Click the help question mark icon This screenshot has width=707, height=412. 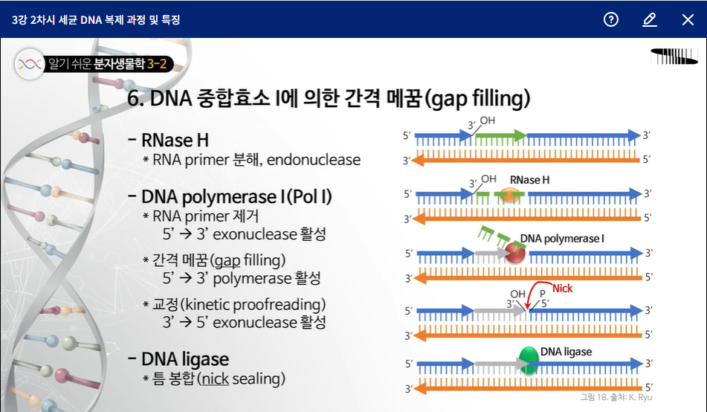[x=611, y=20]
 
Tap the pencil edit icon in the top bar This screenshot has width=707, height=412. [x=650, y=20]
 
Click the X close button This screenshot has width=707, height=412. [x=688, y=20]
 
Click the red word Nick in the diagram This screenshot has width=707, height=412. [x=563, y=289]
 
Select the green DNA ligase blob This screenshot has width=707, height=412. [x=529, y=359]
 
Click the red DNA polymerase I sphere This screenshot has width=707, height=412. [x=515, y=253]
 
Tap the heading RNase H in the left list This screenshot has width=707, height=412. [x=175, y=140]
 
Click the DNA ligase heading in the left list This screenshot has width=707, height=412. [x=185, y=360]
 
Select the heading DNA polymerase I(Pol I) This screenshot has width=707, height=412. [x=236, y=197]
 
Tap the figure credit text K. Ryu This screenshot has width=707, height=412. [x=640, y=397]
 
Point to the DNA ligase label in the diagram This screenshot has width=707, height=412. [x=566, y=351]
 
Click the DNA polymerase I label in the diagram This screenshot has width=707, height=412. [x=562, y=239]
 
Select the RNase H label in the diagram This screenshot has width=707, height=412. [x=529, y=180]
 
